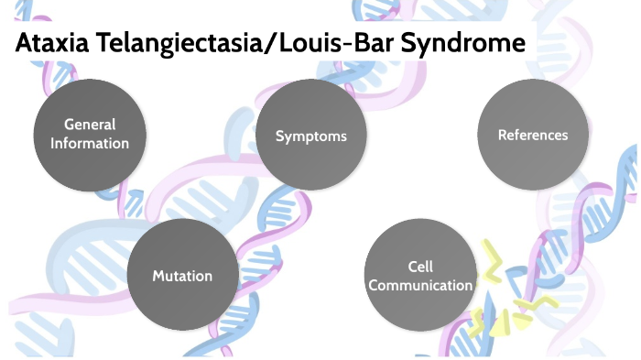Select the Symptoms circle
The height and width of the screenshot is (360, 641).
coord(310,136)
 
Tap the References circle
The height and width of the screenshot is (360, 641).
coord(532,135)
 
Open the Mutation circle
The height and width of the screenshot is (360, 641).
coord(181,276)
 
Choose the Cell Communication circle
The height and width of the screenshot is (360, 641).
coord(419,276)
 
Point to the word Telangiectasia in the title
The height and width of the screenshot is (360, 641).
coord(173,43)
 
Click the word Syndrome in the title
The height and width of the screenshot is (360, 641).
coord(465,43)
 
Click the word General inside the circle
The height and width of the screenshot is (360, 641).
coord(90,125)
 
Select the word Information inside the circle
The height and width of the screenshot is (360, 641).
coord(90,143)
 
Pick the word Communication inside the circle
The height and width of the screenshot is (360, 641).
coord(426,285)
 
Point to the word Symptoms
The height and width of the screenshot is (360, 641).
coord(310,136)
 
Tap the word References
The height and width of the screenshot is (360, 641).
coord(532,135)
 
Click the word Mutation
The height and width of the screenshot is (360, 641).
coord(181,276)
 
